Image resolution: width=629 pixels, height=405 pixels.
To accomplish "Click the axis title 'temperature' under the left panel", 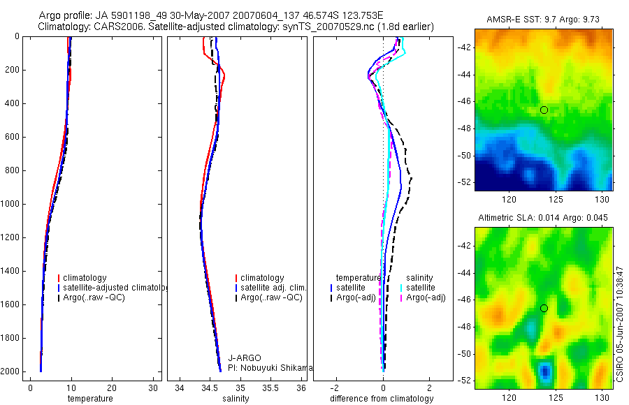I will [x=89, y=399].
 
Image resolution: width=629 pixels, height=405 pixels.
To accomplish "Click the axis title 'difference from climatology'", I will [x=382, y=399].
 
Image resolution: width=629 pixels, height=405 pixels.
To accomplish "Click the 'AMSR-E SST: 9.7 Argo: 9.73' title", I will [x=544, y=19].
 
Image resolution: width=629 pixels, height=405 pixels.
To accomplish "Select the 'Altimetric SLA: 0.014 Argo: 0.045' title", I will [x=543, y=218].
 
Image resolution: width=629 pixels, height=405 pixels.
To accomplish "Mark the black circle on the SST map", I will [x=544, y=110].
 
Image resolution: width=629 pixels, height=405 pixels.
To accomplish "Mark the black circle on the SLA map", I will [x=544, y=308].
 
